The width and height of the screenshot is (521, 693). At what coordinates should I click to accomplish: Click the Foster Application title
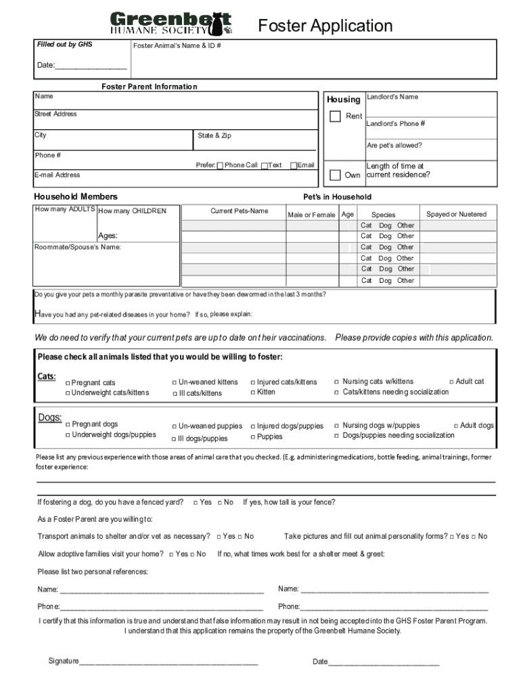(325, 26)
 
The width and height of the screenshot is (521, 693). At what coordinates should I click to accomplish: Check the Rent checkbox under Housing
(335, 116)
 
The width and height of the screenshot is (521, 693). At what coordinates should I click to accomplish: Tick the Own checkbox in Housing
(335, 175)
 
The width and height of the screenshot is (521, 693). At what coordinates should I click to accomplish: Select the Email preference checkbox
(294, 165)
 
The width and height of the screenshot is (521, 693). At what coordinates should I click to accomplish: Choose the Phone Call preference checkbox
(220, 165)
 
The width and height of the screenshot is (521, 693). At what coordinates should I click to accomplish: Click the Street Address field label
(55, 114)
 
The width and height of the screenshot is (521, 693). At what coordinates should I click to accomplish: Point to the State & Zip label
(214, 135)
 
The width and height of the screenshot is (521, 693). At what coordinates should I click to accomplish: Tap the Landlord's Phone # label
(395, 124)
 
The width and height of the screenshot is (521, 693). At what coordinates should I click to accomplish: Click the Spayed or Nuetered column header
(455, 215)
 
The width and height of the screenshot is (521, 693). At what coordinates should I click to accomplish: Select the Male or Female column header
(311, 215)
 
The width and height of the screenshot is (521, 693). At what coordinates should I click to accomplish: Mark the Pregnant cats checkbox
(68, 383)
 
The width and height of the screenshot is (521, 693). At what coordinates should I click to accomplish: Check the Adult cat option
(451, 382)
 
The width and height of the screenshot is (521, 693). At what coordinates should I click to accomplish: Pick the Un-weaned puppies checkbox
(175, 426)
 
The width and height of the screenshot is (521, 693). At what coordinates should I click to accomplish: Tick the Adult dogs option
(455, 426)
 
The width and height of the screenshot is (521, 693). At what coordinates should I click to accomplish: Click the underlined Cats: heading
(46, 376)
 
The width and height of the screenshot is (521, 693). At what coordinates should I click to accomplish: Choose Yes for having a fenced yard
(196, 502)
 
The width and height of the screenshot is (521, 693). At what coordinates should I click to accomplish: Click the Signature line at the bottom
(168, 661)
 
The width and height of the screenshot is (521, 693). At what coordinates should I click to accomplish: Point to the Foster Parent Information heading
(149, 87)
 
